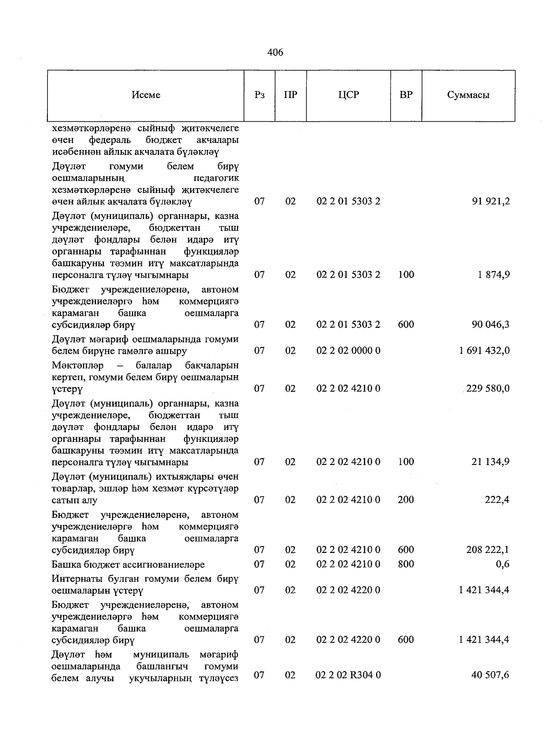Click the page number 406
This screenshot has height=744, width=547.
click(275, 52)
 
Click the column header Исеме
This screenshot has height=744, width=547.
click(146, 95)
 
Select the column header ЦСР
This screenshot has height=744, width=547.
click(349, 95)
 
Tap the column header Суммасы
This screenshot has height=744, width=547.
click(468, 95)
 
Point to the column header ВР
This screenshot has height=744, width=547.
click(406, 95)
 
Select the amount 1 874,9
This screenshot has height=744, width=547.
click(494, 274)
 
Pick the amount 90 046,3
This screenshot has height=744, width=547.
click(490, 325)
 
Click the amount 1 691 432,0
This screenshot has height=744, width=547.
click(484, 351)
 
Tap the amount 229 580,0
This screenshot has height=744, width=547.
click(487, 388)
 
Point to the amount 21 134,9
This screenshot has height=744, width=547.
click(490, 462)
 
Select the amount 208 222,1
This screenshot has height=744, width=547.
click(488, 550)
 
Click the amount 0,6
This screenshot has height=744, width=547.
click(503, 564)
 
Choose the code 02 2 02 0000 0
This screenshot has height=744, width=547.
click(348, 351)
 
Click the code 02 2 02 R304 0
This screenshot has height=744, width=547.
click(348, 675)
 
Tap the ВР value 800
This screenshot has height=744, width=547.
click(406, 564)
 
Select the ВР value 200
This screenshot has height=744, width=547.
click(406, 500)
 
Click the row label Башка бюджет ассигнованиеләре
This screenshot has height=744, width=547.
click(129, 564)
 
